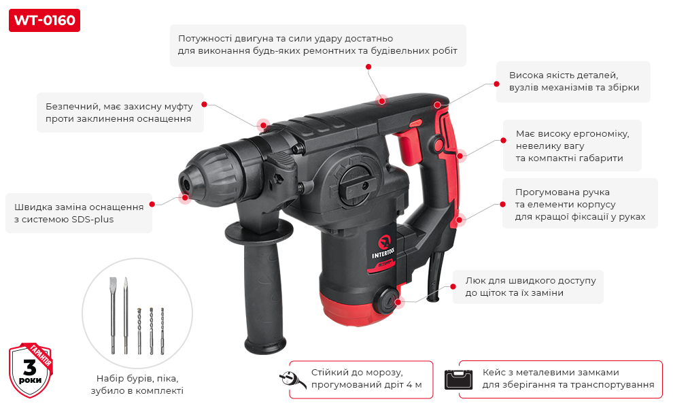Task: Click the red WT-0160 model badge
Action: pyautogui.click(x=44, y=20)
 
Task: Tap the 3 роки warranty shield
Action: pyautogui.click(x=31, y=370)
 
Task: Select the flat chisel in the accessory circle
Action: pyautogui.click(x=113, y=316)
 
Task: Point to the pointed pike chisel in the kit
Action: pyautogui.click(x=126, y=316)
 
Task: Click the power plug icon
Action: pyautogui.click(x=293, y=379)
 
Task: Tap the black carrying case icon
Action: pyautogui.click(x=458, y=379)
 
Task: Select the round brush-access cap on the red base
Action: pyautogui.click(x=386, y=300)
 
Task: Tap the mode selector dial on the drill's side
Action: pyautogui.click(x=355, y=182)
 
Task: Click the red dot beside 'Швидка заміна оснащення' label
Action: pyautogui.click(x=152, y=205)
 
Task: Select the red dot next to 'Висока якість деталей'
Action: pyautogui.click(x=497, y=84)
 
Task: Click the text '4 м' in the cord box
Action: pyautogui.click(x=415, y=385)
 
